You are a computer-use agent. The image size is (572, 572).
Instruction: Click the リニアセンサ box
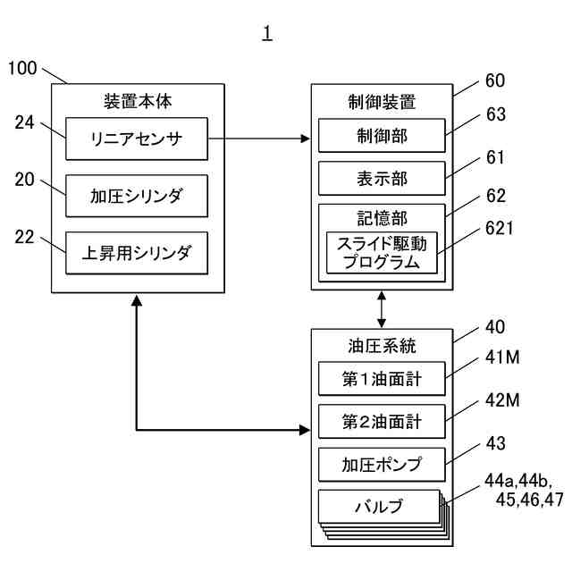pyautogui.click(x=137, y=139)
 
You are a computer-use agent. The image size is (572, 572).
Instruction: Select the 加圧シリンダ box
pyautogui.click(x=137, y=196)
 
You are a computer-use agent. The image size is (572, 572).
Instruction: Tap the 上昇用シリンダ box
pyautogui.click(x=137, y=253)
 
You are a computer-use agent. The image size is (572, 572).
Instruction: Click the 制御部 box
pyautogui.click(x=382, y=135)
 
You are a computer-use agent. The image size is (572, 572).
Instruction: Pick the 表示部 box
pyautogui.click(x=382, y=179)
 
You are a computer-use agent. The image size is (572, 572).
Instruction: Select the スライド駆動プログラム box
pyautogui.click(x=382, y=252)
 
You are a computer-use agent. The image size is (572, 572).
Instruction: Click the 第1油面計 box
pyautogui.click(x=382, y=379)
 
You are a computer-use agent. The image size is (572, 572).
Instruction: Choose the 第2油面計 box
pyautogui.click(x=382, y=421)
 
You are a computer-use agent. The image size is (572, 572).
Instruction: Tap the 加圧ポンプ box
pyautogui.click(x=382, y=465)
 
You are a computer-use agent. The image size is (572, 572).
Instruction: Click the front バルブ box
pyautogui.click(x=379, y=507)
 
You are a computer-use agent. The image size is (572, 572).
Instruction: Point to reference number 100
pyautogui.click(x=22, y=68)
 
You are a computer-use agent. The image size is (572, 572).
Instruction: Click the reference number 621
pyautogui.click(x=500, y=229)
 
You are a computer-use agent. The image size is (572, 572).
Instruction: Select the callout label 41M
pyautogui.click(x=502, y=357)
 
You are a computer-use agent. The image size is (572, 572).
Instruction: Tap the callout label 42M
pyautogui.click(x=502, y=400)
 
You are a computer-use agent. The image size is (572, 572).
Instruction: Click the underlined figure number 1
pyautogui.click(x=267, y=33)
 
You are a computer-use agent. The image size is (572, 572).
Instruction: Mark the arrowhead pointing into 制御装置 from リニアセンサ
pyautogui.click(x=305, y=139)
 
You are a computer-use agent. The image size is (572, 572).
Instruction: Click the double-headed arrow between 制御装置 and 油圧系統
pyautogui.click(x=382, y=309)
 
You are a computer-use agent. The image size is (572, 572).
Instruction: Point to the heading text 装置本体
pyautogui.click(x=138, y=101)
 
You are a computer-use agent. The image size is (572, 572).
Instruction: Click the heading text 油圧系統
pyautogui.click(x=382, y=346)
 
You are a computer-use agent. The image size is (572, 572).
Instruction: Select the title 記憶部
pyautogui.click(x=382, y=218)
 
